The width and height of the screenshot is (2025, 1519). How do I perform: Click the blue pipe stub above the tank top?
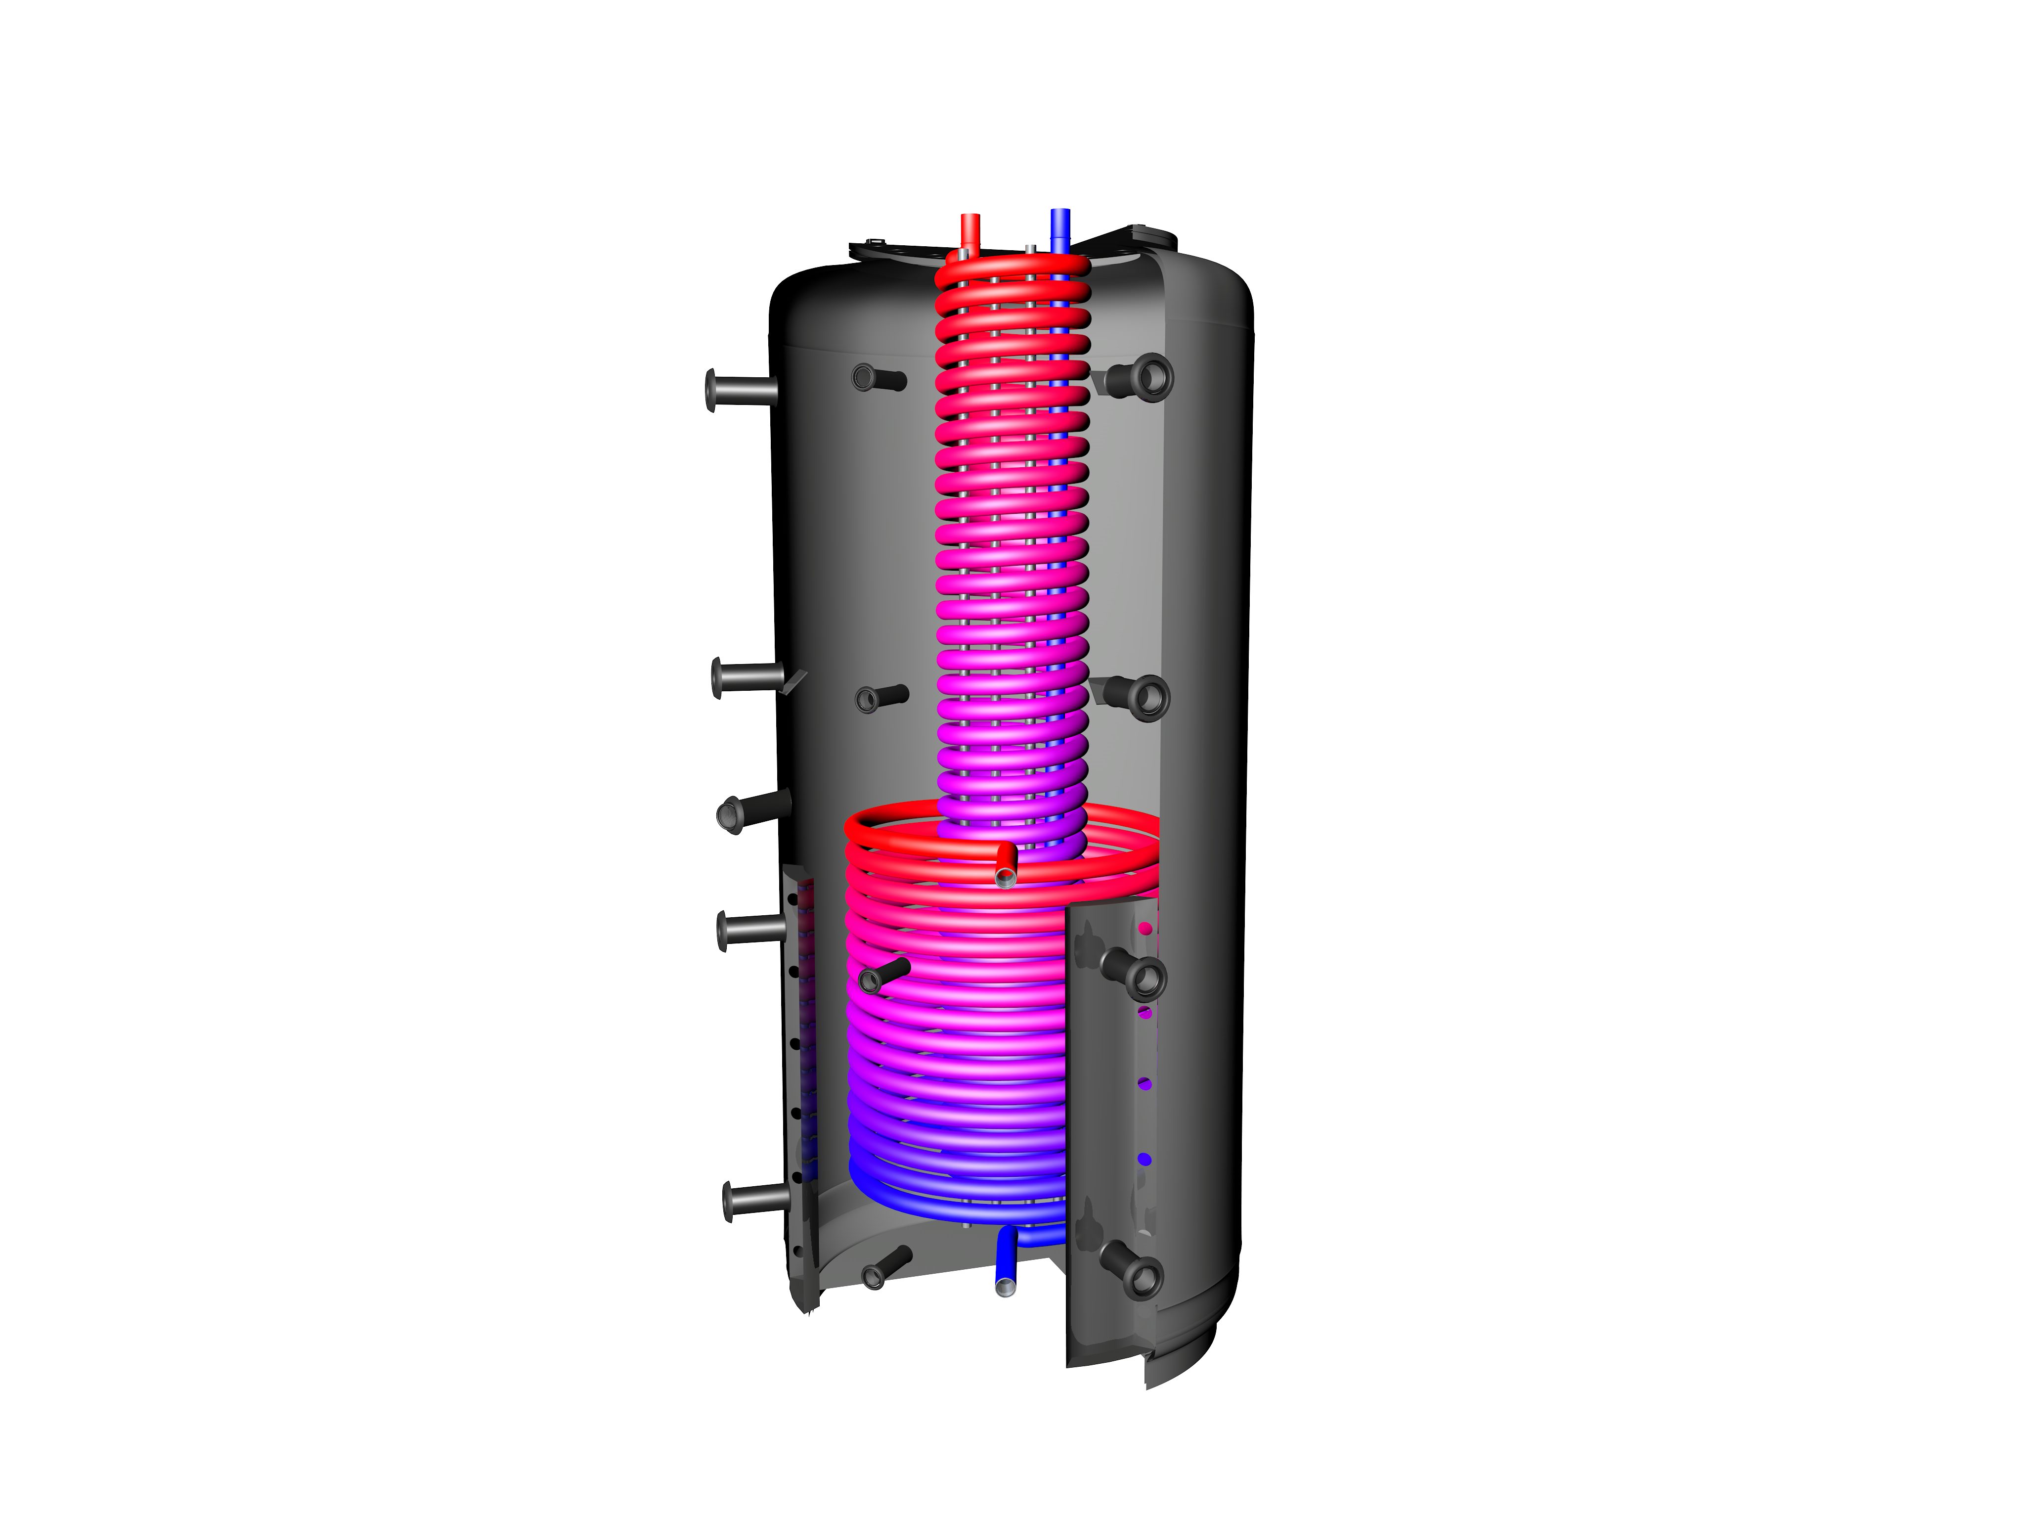point(1060,227)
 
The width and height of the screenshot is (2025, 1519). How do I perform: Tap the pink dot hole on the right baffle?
point(1145,929)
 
